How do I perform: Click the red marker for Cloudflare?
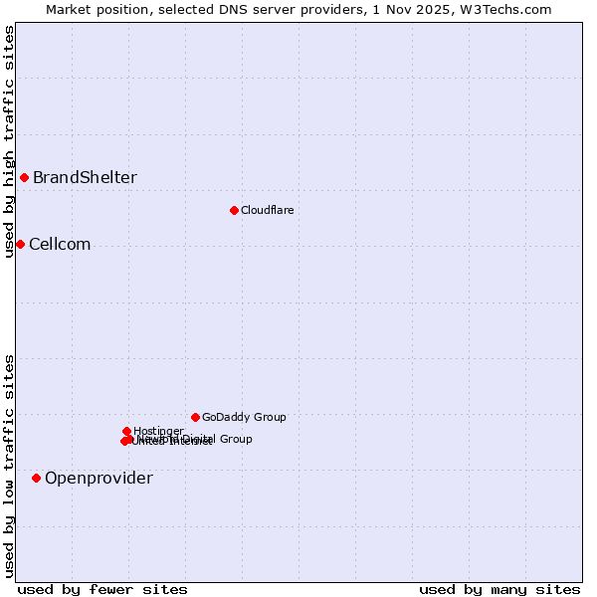click(234, 210)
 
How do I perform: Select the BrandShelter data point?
click(24, 177)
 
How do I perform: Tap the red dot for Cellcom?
click(20, 244)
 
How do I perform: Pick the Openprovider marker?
click(37, 478)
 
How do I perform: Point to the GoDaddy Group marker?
click(195, 417)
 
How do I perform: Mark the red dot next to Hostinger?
click(126, 431)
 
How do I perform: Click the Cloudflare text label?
click(267, 210)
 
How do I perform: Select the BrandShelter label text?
click(85, 178)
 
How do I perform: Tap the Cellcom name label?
click(60, 245)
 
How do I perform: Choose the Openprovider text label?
click(99, 479)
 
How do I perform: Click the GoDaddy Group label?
click(244, 417)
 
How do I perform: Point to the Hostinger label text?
click(158, 431)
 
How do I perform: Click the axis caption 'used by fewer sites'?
click(102, 589)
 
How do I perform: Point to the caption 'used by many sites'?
click(499, 589)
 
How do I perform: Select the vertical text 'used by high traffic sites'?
click(9, 141)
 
